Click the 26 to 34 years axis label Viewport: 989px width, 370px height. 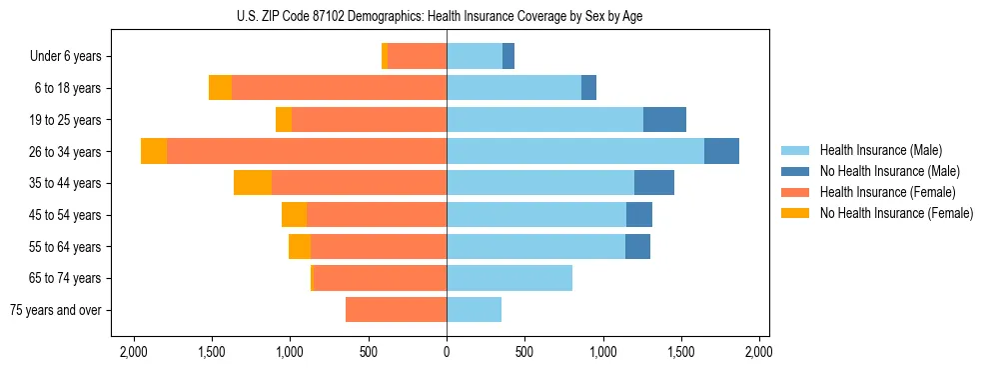coord(68,152)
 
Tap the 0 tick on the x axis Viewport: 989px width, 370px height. coord(447,353)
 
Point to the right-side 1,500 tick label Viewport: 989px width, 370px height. coord(681,353)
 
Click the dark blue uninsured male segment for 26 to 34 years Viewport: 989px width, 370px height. coord(721,151)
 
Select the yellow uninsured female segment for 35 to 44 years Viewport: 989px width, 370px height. coord(253,183)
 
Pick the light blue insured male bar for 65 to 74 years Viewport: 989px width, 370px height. coord(509,278)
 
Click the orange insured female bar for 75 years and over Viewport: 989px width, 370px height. coord(396,310)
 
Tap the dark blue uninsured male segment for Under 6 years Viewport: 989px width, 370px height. coord(508,56)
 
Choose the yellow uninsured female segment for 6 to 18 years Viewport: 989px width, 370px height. coord(220,88)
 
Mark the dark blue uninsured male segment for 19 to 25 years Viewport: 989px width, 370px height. coord(664,120)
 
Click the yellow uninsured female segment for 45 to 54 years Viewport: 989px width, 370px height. coord(294,215)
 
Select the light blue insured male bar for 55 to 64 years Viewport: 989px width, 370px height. coord(535,246)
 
